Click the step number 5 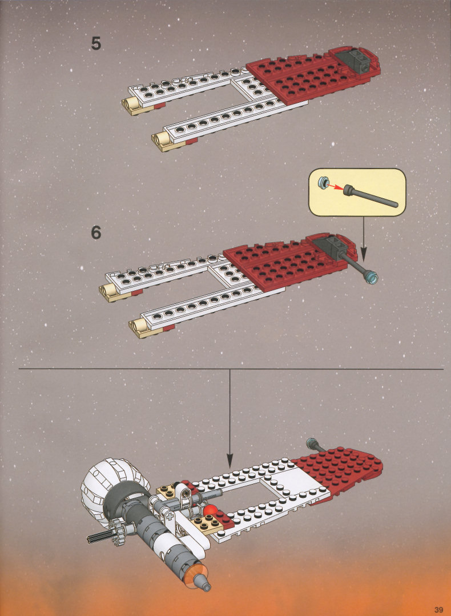click(96, 43)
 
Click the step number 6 click(96, 233)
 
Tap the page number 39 click(438, 610)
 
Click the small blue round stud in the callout click(324, 182)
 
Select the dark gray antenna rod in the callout click(371, 197)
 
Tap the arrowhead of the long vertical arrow click(230, 460)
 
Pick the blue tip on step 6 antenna click(371, 277)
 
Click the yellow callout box click(357, 192)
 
